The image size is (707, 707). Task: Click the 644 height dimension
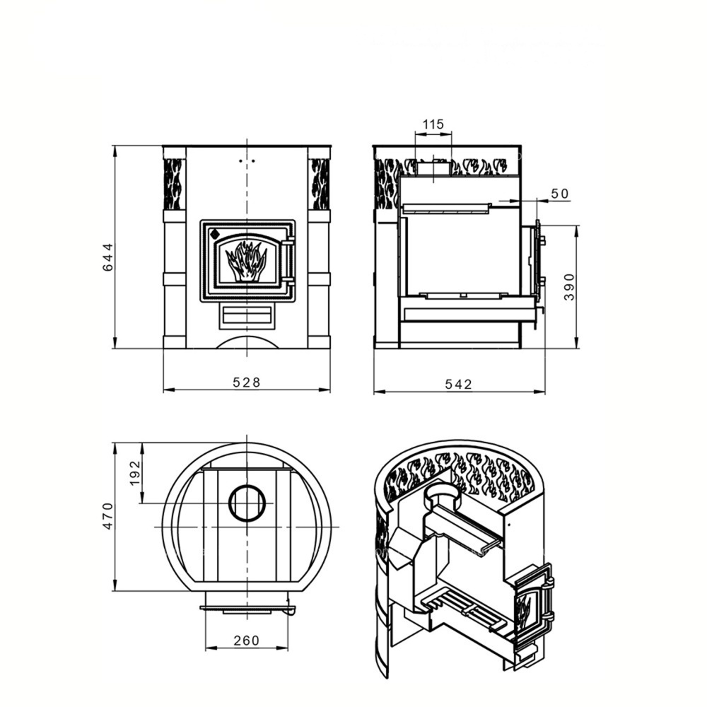pos(108,257)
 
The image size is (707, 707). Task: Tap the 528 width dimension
pos(247,382)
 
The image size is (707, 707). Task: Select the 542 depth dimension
pos(458,384)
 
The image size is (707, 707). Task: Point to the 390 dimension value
pos(569,287)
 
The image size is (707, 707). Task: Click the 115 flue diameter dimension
pos(433,124)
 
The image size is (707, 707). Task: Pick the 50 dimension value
pos(560,194)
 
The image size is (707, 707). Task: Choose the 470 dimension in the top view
pos(108,516)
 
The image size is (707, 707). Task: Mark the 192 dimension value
pos(135,472)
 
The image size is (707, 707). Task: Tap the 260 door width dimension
pos(247,641)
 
